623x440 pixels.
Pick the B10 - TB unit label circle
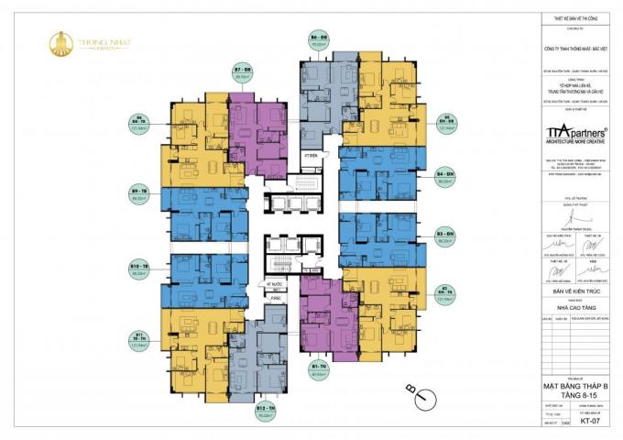[140, 269]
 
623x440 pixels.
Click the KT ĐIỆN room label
[310, 157]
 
